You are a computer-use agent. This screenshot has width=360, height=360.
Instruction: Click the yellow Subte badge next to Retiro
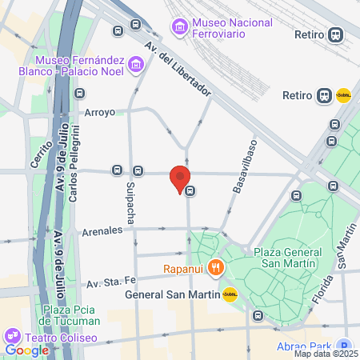(344, 95)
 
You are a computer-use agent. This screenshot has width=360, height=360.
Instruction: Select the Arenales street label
(102, 231)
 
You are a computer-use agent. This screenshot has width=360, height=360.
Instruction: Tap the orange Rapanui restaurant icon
(214, 268)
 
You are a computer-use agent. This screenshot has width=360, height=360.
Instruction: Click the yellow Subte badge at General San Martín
(230, 294)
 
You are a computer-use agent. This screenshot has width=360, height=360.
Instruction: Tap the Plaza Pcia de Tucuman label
(72, 315)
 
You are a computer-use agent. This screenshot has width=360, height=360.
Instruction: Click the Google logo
(26, 350)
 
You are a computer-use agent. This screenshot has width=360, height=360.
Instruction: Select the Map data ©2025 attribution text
(326, 354)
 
